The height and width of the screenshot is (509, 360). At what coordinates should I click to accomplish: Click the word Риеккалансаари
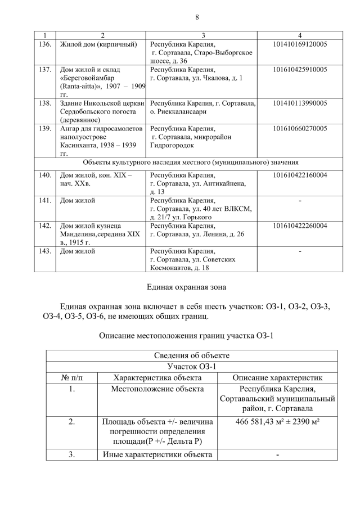(180, 111)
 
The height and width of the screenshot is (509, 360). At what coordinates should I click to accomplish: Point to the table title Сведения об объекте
(191, 355)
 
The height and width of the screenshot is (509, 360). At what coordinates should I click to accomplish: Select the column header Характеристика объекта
(157, 377)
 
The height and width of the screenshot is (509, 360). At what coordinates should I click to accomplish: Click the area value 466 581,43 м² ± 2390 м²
(278, 422)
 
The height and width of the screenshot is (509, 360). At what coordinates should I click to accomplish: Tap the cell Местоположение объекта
(157, 389)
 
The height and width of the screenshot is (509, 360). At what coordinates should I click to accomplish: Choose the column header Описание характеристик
(278, 377)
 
